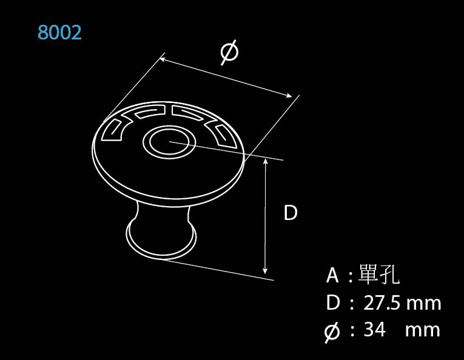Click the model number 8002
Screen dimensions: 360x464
coord(59,32)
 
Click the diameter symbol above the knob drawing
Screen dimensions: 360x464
coord(229,53)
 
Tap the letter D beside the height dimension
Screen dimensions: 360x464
coord(291,213)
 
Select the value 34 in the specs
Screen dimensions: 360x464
coord(375,330)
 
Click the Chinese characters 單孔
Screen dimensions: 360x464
coord(379,276)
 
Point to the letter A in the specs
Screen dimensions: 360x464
coord(332,276)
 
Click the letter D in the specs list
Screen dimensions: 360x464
coord(332,303)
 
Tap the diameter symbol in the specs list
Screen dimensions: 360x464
coord(332,332)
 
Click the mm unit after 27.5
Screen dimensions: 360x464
coord(424,303)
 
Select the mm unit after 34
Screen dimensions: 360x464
coord(423,330)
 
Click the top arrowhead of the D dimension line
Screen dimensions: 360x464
coord(265,162)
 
